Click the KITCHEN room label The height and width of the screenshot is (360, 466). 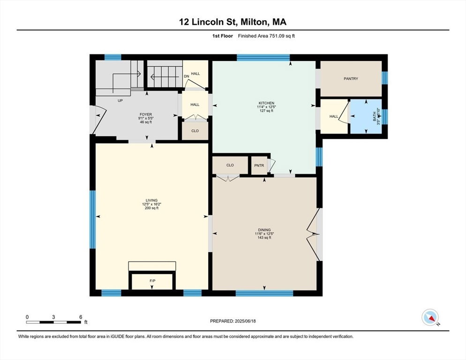point(266,103)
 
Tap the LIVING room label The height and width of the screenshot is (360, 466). point(151,200)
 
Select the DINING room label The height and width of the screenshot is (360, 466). point(264,230)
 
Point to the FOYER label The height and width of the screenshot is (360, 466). point(146,114)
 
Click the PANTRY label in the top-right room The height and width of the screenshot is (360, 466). point(351,79)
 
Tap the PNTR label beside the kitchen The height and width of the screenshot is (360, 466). point(259,165)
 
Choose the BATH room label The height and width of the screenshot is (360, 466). point(375,116)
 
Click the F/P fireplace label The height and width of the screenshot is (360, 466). point(152,281)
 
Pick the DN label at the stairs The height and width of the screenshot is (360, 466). point(186,76)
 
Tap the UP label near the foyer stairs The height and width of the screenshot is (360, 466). point(120,100)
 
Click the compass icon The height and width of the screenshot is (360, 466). point(430,317)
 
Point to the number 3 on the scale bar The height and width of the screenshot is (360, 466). point(53,317)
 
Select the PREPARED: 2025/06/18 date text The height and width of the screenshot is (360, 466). point(233,321)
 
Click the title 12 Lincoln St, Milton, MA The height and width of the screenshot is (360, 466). point(233,22)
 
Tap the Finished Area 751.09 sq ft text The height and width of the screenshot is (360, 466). point(266,36)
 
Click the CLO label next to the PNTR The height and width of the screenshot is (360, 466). point(230,165)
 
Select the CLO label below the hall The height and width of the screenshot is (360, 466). point(195,131)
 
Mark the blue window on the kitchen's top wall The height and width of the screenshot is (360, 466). point(263,58)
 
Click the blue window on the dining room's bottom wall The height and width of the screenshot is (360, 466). point(264,293)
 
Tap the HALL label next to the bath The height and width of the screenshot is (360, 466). point(334,117)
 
